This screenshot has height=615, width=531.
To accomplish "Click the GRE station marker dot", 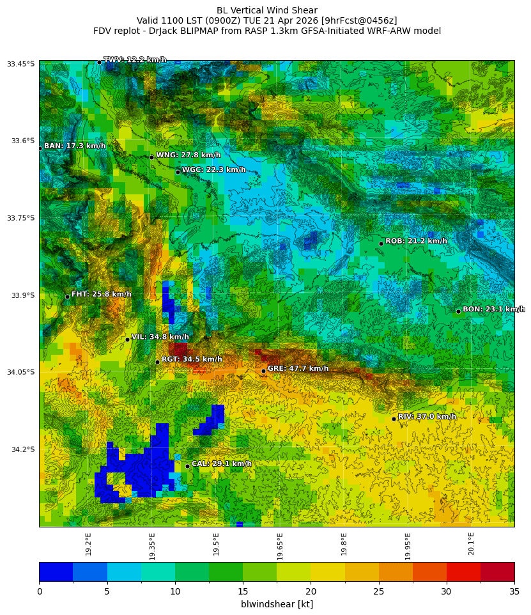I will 263,371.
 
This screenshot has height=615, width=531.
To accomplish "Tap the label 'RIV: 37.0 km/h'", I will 427,417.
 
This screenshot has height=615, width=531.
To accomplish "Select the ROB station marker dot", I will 381,244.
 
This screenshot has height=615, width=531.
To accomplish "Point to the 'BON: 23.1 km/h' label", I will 493,309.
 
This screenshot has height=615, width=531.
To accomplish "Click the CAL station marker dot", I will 187,466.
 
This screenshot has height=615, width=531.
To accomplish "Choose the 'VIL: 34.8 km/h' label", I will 160,337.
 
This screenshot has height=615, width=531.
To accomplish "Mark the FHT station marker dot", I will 67,297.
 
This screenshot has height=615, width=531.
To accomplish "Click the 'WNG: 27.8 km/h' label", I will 188,155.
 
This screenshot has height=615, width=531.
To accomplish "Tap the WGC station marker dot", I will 178,172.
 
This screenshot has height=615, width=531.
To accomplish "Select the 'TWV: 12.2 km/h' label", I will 135,60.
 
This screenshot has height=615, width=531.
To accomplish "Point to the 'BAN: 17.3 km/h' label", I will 75,146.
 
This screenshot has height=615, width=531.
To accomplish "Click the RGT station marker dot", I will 157,362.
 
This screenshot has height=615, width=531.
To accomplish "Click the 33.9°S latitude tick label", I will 22,295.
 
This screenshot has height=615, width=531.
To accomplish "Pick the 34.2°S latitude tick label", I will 22,449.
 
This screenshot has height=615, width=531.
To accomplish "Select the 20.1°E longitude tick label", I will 471,543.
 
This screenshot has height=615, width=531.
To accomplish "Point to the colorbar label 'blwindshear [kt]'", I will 277,604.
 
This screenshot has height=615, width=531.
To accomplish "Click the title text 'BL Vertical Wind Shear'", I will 266,10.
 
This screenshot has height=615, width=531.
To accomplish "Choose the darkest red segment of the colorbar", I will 497,572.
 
